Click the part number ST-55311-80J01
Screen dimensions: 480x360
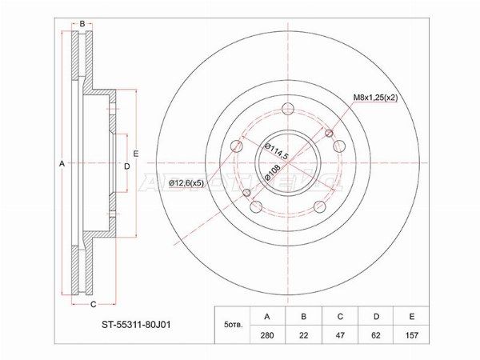point(136,325)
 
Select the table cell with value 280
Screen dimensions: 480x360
point(267,334)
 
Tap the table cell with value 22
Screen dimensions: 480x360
point(303,334)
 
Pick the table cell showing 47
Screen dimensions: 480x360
point(340,334)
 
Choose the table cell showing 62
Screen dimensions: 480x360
point(376,334)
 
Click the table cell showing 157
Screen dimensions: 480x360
point(411,334)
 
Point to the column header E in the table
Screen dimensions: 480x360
point(411,316)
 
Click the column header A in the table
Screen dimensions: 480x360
point(267,316)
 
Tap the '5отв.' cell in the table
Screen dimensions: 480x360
point(233,325)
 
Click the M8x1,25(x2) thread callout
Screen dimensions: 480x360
point(375,98)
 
